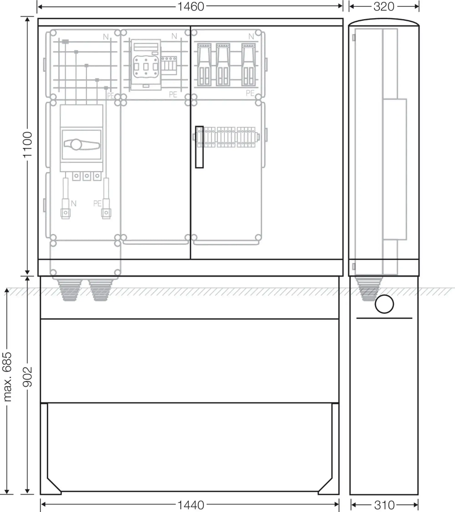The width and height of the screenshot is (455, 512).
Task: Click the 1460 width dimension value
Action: point(191,7)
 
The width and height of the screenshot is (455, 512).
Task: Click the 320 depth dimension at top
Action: point(384,7)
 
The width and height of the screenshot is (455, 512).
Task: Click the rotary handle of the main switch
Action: point(81,144)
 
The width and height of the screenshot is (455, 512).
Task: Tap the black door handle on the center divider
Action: point(200,147)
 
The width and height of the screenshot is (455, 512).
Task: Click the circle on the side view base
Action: point(384,304)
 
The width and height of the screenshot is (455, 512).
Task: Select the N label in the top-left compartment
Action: point(106,37)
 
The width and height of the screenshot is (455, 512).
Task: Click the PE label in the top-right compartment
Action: point(250,93)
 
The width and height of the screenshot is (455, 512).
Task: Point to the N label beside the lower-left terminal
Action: point(73,203)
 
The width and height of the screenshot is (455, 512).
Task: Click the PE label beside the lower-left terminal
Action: point(97,203)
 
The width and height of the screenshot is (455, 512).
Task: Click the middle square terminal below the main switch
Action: point(87,176)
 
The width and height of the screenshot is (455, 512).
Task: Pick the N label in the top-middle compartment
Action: point(174,36)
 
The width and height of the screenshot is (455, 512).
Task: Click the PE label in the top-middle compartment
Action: point(173,94)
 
